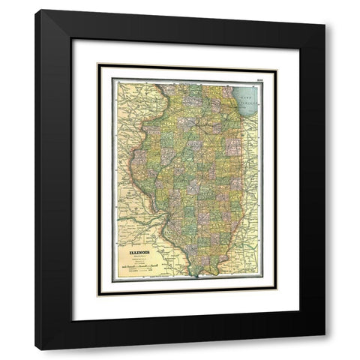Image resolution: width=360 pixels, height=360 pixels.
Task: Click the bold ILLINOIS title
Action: coord(138,253)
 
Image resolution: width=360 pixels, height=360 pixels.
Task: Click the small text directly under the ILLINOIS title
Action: coord(138,257)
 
